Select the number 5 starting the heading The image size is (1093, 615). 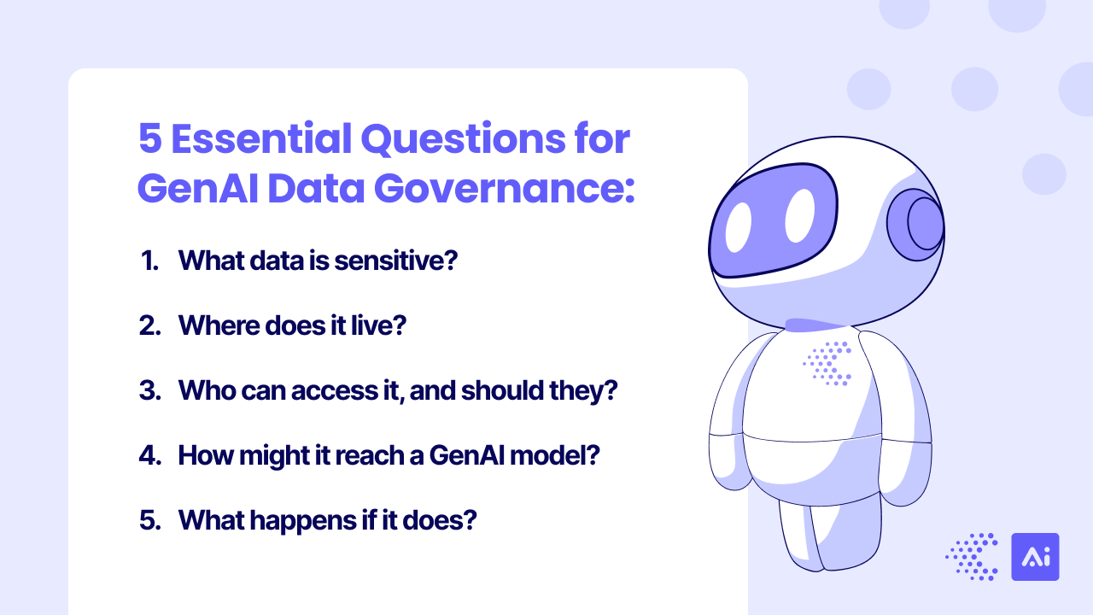pyautogui.click(x=149, y=139)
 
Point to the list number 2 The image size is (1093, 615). pyautogui.click(x=149, y=325)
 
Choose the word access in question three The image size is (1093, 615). pyautogui.click(x=334, y=390)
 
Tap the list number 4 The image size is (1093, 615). pyautogui.click(x=149, y=455)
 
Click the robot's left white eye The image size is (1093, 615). pyautogui.click(x=739, y=223)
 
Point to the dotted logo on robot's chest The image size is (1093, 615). pyautogui.click(x=827, y=363)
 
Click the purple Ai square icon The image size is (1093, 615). pyautogui.click(x=1035, y=557)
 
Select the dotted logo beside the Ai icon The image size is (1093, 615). pyautogui.click(x=973, y=557)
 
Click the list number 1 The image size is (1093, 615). pyautogui.click(x=149, y=261)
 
